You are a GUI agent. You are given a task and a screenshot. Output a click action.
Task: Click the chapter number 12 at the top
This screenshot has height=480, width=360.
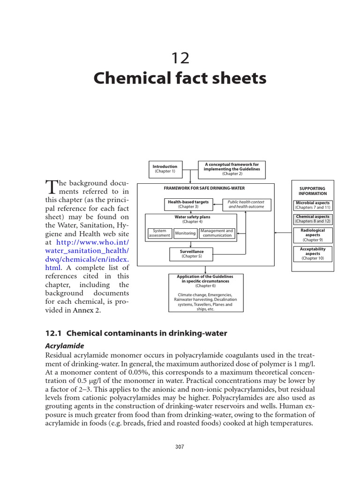point(180,58)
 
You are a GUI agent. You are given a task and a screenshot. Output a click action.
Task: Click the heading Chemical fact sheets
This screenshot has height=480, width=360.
point(180,78)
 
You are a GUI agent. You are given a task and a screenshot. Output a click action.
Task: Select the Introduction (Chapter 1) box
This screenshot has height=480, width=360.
point(165,169)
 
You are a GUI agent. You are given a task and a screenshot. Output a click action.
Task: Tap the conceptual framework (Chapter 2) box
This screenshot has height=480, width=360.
point(232,169)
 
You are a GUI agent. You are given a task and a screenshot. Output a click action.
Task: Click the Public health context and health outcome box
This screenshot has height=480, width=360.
point(246,204)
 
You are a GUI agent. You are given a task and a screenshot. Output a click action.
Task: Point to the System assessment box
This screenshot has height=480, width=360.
point(159,233)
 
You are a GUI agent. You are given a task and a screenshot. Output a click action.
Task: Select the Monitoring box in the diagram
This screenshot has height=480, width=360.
point(185,233)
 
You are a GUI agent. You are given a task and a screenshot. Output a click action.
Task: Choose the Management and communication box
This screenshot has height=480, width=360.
point(217,233)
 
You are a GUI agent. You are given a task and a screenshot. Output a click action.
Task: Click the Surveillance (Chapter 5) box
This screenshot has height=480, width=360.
point(191,254)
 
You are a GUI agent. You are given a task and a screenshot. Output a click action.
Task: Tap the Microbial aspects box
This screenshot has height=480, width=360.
point(313,205)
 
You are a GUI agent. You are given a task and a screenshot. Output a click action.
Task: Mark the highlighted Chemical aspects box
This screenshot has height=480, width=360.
point(313,219)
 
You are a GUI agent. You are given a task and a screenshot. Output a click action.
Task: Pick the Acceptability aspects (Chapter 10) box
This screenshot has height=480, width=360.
point(313,254)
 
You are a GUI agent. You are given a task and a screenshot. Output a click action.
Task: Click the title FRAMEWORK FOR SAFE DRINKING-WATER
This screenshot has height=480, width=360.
point(191,189)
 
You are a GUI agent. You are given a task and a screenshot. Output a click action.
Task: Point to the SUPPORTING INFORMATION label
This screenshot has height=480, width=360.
point(312,191)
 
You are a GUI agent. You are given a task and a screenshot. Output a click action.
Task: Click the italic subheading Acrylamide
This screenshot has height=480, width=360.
point(64,345)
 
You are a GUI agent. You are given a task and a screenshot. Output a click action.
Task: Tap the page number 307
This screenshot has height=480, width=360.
point(180,447)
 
